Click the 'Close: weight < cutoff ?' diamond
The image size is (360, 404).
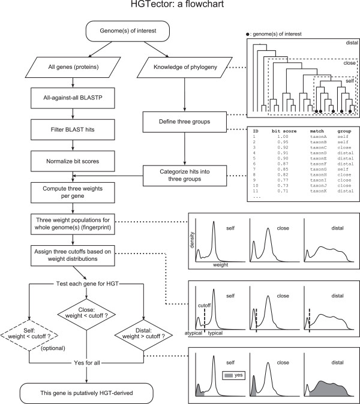pos(89,311)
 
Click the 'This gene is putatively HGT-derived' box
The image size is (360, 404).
pos(89,392)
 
